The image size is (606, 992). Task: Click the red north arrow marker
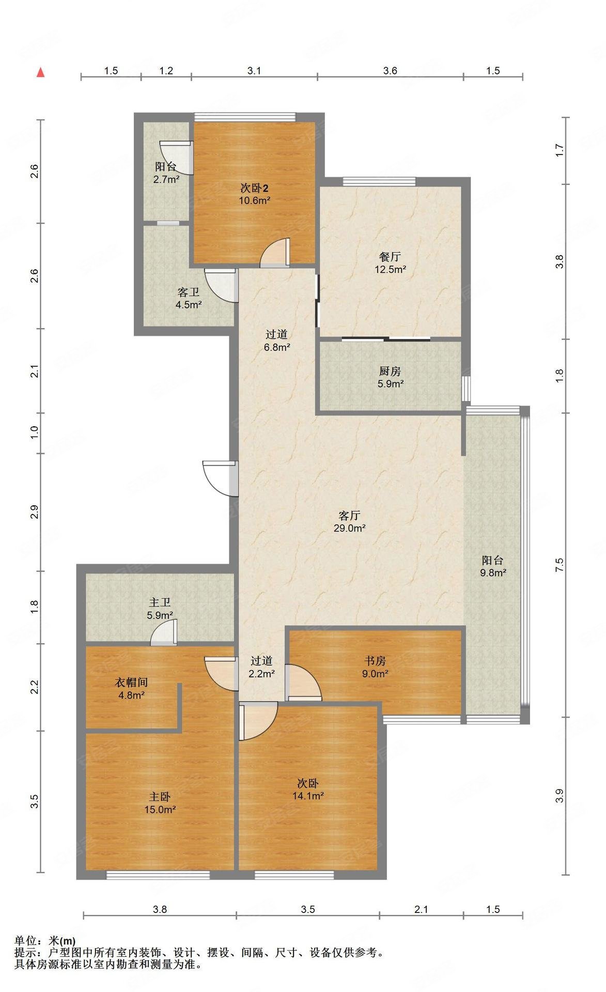(40, 73)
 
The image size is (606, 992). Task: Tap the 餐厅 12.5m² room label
(390, 262)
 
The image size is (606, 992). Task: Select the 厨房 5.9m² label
(390, 377)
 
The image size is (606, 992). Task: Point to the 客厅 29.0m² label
(349, 522)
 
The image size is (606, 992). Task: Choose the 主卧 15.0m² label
(160, 803)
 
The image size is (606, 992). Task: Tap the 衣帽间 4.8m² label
(131, 689)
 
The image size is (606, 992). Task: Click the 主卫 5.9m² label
(160, 609)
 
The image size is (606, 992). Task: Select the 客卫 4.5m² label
(189, 298)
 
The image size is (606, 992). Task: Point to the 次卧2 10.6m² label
(255, 194)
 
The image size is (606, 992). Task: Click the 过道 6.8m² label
(276, 341)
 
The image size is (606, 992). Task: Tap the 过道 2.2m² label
(262, 667)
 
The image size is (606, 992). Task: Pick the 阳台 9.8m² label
(492, 566)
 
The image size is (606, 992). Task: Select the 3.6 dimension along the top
(390, 71)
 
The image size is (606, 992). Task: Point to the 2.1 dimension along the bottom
(421, 909)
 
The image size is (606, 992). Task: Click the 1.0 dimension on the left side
(34, 432)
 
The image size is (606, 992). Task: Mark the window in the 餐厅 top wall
(379, 181)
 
